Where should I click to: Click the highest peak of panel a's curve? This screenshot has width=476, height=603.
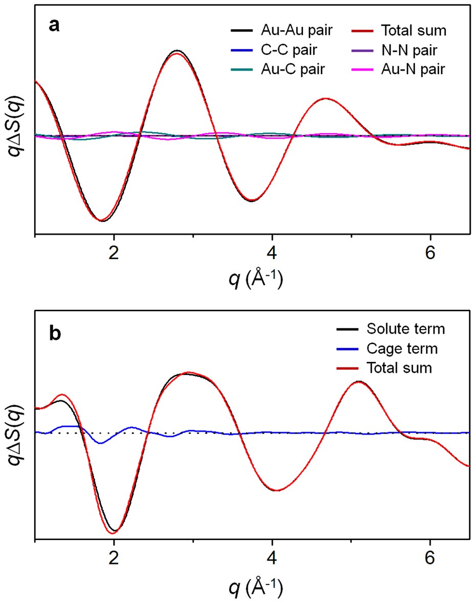177,51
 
